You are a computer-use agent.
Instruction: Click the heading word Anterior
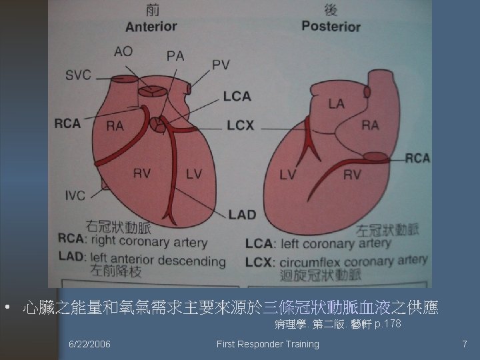151,27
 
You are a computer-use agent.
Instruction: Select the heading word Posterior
331,27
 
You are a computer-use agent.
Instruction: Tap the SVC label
78,75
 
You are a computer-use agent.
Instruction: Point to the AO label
123,51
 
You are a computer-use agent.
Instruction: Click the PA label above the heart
175,56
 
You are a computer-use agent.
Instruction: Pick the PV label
221,65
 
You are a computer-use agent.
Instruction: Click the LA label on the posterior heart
336,103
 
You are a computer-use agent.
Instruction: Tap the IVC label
75,195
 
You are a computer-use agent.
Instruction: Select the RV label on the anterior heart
141,174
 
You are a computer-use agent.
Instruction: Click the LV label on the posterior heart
287,175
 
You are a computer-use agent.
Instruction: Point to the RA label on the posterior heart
370,125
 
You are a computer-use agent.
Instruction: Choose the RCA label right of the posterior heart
418,158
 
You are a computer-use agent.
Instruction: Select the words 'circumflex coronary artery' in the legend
354,261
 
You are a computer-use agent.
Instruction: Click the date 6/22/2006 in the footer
90,344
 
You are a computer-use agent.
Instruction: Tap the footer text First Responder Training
268,344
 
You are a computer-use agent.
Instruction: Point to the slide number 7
465,344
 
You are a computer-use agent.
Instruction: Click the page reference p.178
388,325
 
